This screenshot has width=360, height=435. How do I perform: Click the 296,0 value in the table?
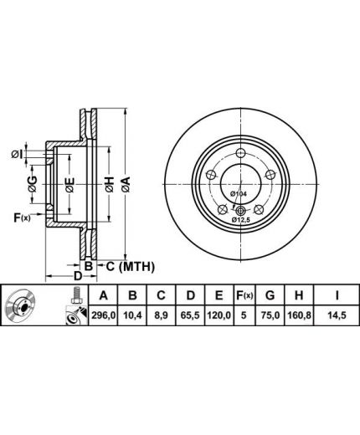(x=103, y=315)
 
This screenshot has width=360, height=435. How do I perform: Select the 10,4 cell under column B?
(x=132, y=315)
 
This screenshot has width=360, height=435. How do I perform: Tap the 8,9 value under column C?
(x=161, y=315)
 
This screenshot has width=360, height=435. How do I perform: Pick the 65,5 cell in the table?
(x=190, y=315)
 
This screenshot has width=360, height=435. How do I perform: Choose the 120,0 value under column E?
(x=219, y=315)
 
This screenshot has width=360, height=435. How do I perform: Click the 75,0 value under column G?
(x=270, y=315)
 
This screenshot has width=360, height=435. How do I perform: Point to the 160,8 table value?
(x=299, y=315)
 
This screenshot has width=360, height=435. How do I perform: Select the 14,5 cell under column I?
(x=337, y=315)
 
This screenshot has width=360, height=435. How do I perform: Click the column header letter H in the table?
(x=299, y=295)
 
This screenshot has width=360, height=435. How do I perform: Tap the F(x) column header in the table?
(x=244, y=295)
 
